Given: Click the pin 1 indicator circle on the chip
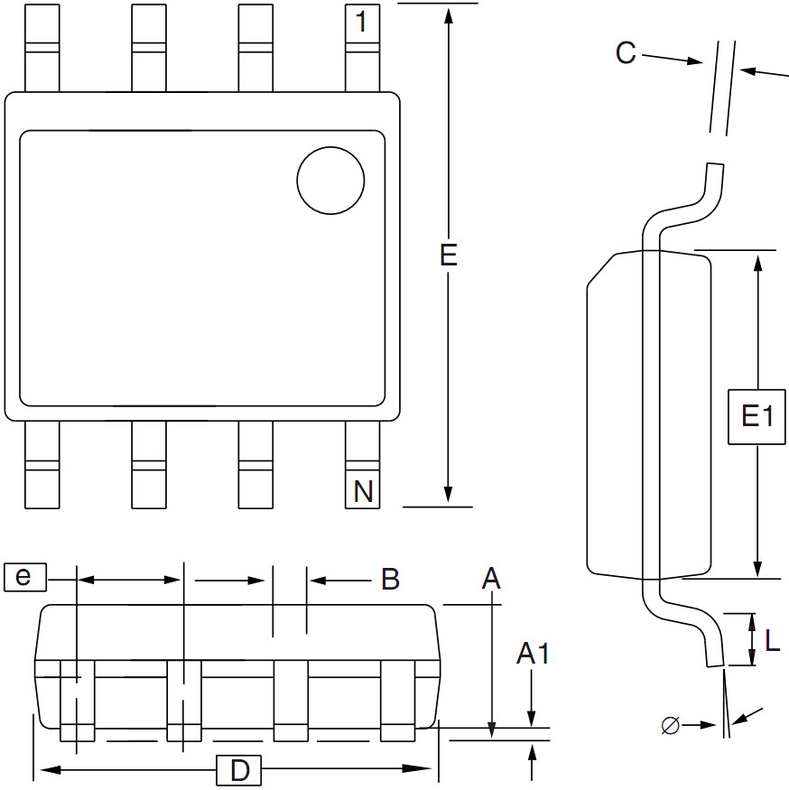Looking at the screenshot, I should (x=330, y=181).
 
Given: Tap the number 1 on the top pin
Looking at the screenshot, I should (x=362, y=23).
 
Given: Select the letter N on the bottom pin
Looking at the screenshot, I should (x=363, y=492).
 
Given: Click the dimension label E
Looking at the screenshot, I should (x=449, y=256).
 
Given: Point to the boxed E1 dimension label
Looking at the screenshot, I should (x=757, y=416).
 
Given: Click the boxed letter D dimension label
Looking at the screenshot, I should (x=239, y=770).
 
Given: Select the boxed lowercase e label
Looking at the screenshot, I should (x=23, y=576).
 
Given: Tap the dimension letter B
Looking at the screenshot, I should (x=390, y=580).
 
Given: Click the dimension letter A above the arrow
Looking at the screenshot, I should (x=491, y=579).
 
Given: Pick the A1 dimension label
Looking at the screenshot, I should (x=533, y=654).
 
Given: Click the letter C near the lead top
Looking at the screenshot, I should (x=626, y=53).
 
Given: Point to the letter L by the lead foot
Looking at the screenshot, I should (x=773, y=641).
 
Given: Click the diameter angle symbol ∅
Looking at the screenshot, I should (x=670, y=724).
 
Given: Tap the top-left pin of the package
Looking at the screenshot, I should (x=42, y=47).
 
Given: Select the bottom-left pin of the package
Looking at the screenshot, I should (x=42, y=465).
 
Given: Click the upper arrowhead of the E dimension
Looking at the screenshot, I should (x=449, y=13).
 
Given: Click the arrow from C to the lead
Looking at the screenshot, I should (x=692, y=61).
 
